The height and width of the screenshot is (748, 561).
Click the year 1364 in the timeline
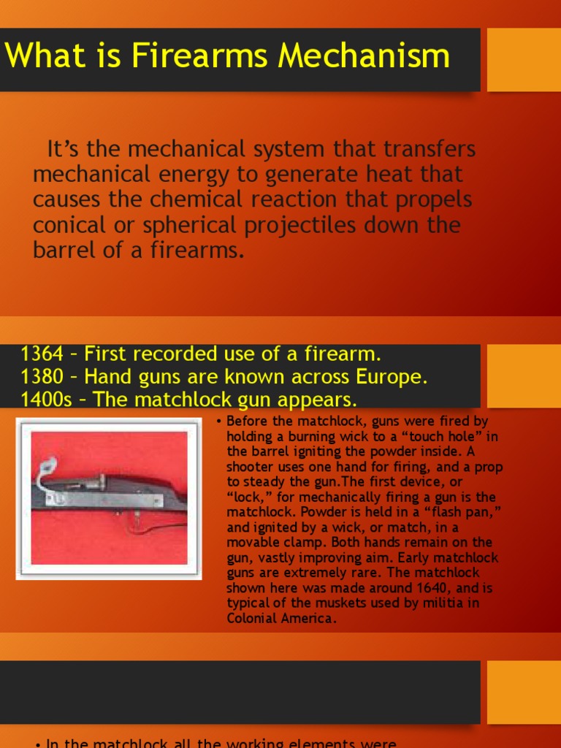42,354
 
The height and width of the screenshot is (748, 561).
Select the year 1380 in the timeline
42,377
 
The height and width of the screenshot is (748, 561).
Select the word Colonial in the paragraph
251,618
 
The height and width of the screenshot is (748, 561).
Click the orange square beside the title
523,60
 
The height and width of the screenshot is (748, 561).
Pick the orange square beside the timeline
523,376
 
